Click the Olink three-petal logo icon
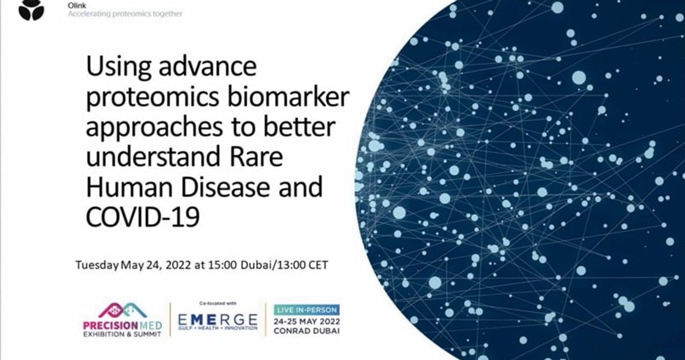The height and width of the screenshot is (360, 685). (x=31, y=10)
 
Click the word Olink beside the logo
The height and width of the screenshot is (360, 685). (x=76, y=5)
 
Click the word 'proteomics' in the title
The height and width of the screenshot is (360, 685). (x=150, y=99)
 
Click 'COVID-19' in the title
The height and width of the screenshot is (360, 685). (x=143, y=217)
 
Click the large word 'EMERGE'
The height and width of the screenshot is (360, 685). (x=218, y=320)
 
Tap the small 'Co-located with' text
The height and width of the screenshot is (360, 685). (x=218, y=303)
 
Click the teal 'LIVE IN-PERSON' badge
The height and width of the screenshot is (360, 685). (x=306, y=309)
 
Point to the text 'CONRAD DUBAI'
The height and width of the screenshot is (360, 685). (x=306, y=331)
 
